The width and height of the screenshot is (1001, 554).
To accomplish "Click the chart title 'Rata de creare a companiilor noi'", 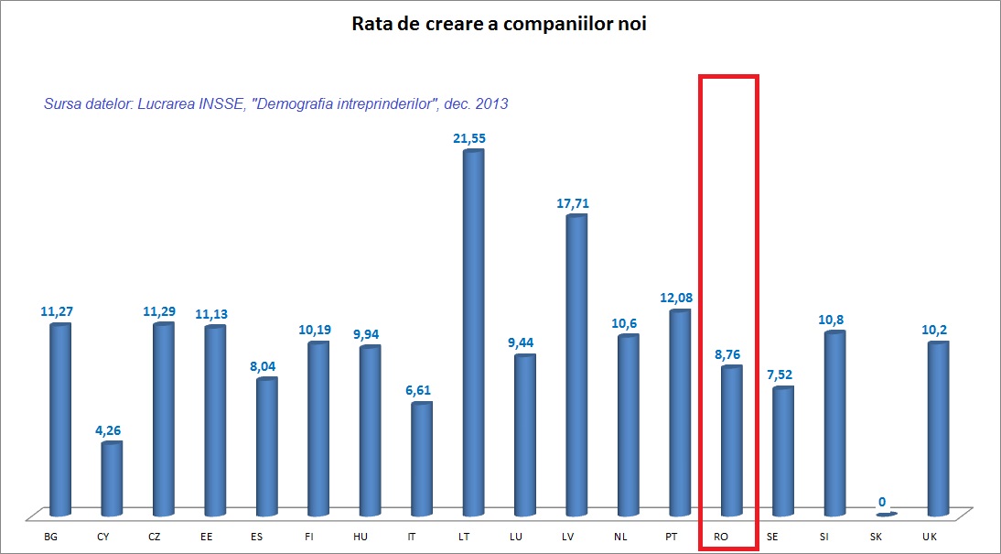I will [x=500, y=24].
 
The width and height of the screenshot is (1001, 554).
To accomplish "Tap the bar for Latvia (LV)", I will [x=576, y=366].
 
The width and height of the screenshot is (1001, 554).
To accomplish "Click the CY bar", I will [x=111, y=479].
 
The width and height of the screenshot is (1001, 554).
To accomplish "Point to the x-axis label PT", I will [x=673, y=537].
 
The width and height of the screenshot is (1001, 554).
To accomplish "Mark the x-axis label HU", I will [x=361, y=537].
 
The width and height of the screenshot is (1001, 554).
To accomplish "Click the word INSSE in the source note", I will [x=216, y=104].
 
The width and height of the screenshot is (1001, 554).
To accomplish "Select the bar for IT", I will [x=421, y=459].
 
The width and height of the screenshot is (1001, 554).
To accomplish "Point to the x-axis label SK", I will [x=876, y=537].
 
